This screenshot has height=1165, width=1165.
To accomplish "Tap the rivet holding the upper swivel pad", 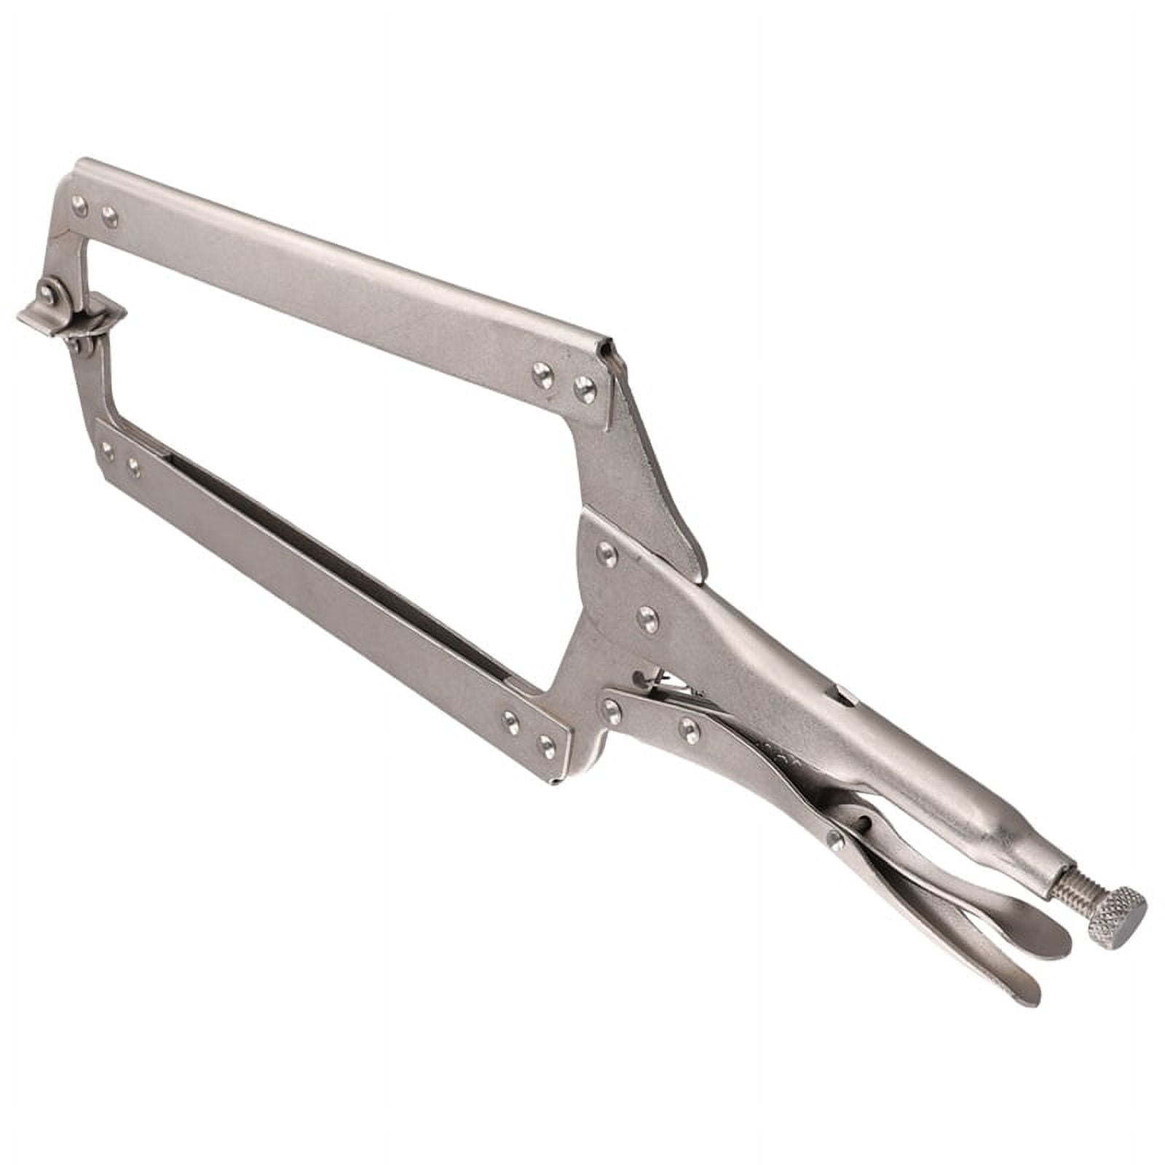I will tap(48, 293).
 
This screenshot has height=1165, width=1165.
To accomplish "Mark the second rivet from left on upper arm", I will tap(110, 216).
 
